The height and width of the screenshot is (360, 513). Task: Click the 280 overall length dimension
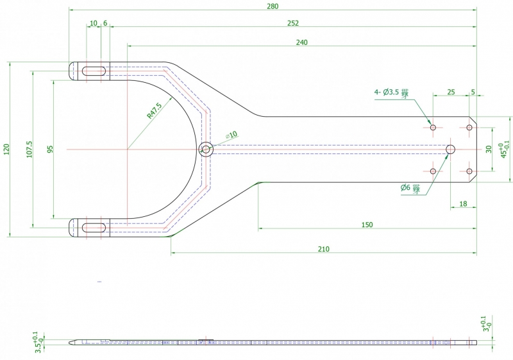pyautogui.click(x=272, y=6)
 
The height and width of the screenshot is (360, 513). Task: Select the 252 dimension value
pyautogui.click(x=293, y=23)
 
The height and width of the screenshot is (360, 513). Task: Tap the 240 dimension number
pyautogui.click(x=302, y=42)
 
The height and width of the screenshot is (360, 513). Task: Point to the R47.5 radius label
pyautogui.click(x=154, y=111)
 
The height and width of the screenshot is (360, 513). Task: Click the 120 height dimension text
pyautogui.click(x=6, y=149)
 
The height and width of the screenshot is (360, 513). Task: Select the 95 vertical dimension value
pyautogui.click(x=50, y=149)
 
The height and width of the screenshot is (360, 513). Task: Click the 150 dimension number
pyautogui.click(x=367, y=225)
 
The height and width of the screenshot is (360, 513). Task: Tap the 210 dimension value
pyautogui.click(x=324, y=249)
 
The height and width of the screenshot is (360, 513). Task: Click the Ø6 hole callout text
pyautogui.click(x=409, y=188)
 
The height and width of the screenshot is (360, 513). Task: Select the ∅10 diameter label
pyautogui.click(x=231, y=135)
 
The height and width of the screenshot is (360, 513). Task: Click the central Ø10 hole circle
pyautogui.click(x=206, y=149)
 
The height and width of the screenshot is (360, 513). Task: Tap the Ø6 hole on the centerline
pyautogui.click(x=451, y=149)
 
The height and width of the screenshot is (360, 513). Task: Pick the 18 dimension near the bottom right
pyautogui.click(x=462, y=204)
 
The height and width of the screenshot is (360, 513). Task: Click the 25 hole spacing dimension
pyautogui.click(x=451, y=92)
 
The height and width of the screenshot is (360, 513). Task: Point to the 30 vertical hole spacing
pyautogui.click(x=489, y=149)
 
